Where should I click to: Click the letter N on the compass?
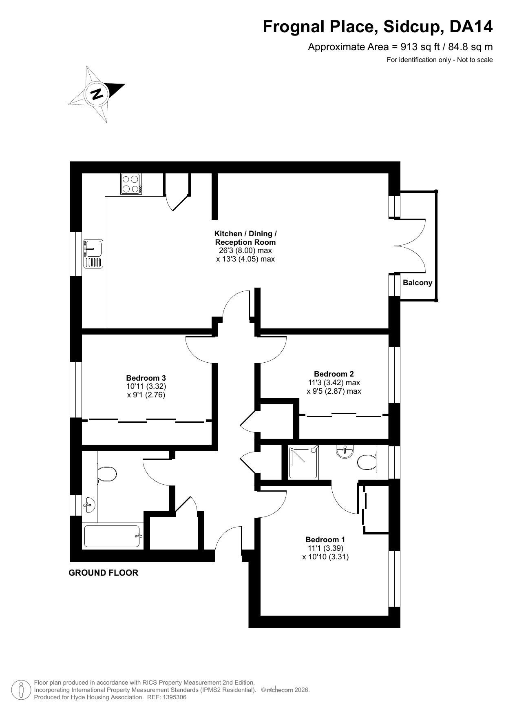tap(97, 94)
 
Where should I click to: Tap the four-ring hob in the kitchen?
tap(131, 184)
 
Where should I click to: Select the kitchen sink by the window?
tap(93, 254)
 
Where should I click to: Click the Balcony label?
tap(418, 283)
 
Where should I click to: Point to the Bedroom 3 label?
tap(146, 378)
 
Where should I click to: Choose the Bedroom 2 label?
tap(334, 374)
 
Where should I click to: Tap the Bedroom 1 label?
tap(325, 539)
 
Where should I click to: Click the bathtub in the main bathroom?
tap(113, 536)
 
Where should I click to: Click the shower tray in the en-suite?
tap(303, 463)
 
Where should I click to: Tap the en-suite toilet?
tap(367, 463)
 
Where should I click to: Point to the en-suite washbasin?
tap(345, 452)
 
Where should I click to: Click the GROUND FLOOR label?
tap(104, 573)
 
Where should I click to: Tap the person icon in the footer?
tap(22, 690)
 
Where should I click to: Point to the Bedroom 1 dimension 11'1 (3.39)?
tap(325, 548)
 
